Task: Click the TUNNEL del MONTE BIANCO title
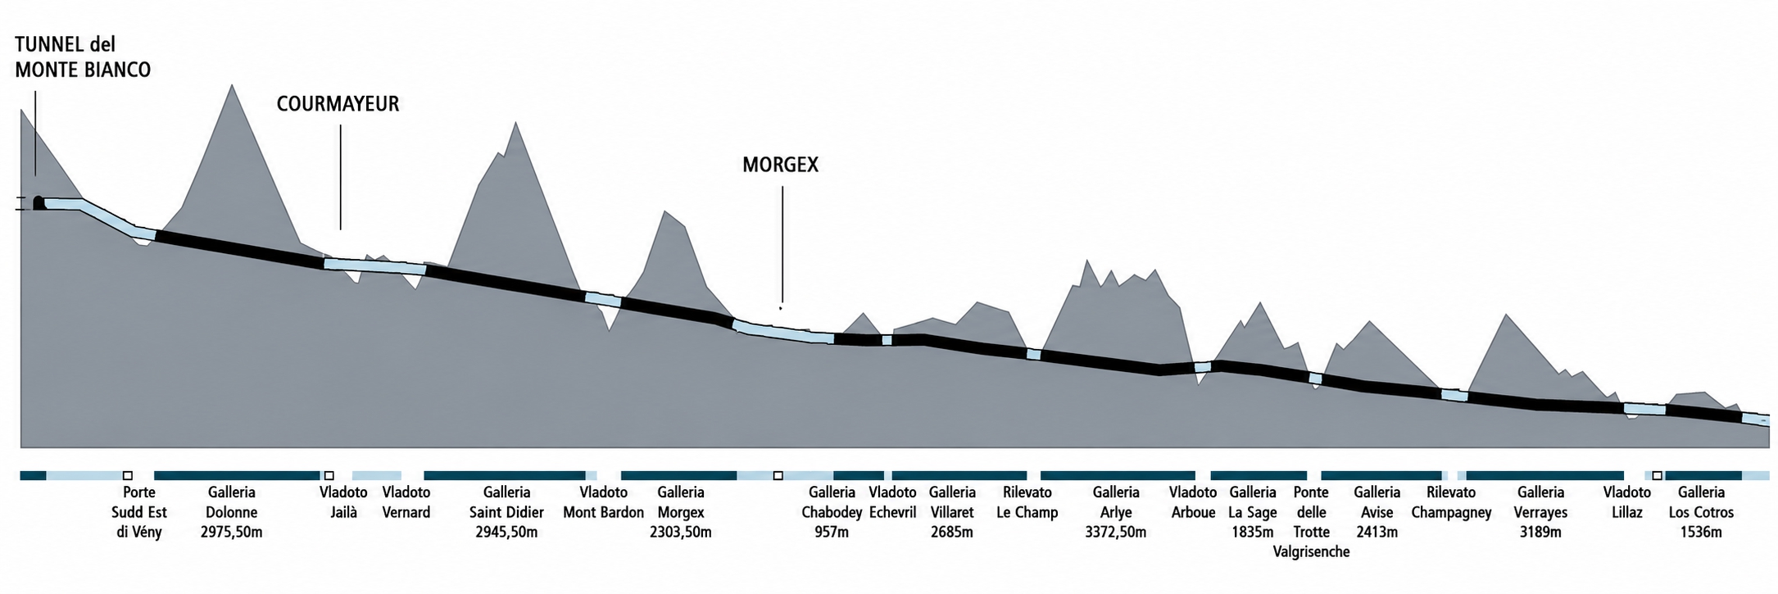coord(83,57)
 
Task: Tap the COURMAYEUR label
coord(338,104)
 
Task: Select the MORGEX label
coord(780,165)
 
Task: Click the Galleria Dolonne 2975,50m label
coord(232,512)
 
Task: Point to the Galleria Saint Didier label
coord(506,512)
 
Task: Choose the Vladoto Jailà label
coord(343,502)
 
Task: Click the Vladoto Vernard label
coord(406,502)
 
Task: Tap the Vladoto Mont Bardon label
coord(604,502)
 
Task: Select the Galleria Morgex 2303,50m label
coord(681,512)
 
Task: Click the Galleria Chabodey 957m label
coord(832,512)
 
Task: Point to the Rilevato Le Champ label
coord(1027,502)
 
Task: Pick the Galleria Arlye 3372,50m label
coord(1116,512)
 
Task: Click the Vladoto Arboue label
coord(1193,502)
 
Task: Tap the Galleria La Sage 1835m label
coord(1253,512)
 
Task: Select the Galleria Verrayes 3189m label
coord(1541,512)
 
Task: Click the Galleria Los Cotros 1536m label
coord(1702,512)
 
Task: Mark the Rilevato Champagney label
coord(1451,502)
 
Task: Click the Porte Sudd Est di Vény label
coord(139,512)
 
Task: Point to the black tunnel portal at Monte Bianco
coord(39,203)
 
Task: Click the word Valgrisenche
coord(1311,551)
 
